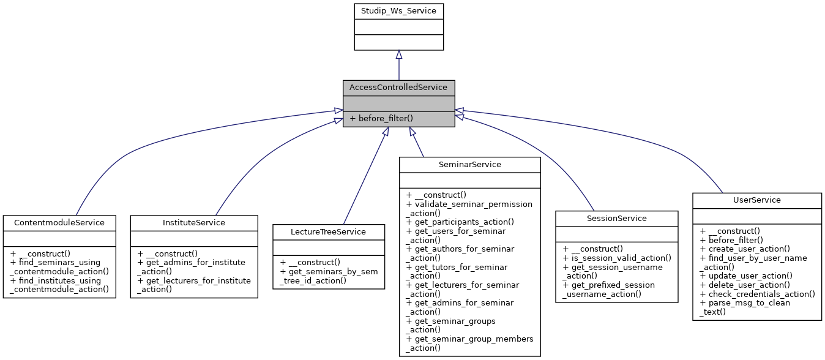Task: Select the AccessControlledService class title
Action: [x=398, y=88]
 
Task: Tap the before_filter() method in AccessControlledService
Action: [x=386, y=118]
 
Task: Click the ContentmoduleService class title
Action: [x=59, y=222]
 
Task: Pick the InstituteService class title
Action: [x=194, y=222]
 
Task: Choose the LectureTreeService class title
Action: [x=329, y=231]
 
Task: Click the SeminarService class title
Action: [x=470, y=164]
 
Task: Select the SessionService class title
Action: [x=617, y=218]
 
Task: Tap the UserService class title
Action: [x=756, y=200]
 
